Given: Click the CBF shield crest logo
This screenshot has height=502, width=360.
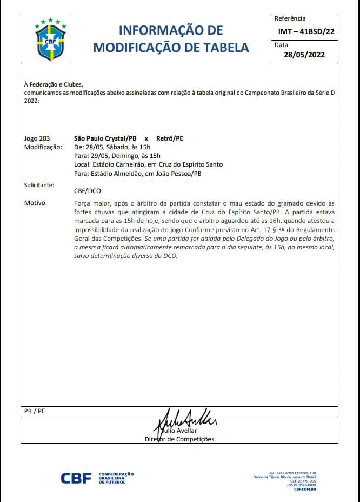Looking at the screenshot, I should coord(50,40).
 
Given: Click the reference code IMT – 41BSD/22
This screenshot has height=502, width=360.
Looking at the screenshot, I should coord(305,31).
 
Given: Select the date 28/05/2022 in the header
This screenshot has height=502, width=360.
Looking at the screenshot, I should coord(304,55).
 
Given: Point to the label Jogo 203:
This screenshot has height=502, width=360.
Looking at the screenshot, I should coord(38,138).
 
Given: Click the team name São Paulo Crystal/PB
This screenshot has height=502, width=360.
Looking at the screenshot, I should coord(105,138).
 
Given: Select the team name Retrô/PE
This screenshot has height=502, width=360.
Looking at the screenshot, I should coord(170,138).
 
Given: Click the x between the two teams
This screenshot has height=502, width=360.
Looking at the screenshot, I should coord(146,139).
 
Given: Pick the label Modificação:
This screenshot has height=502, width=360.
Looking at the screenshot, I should coord(43,147).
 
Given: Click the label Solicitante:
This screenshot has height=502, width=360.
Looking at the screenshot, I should coord(39,185).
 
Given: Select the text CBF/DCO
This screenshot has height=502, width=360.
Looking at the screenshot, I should coord(87,191).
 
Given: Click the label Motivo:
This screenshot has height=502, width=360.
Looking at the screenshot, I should coord(36,203).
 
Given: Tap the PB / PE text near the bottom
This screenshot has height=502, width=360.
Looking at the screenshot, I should coord(35,411).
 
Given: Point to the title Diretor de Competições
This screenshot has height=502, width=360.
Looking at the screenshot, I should coord(179,439).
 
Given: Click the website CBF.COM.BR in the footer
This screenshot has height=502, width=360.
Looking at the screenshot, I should coord(305,489).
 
